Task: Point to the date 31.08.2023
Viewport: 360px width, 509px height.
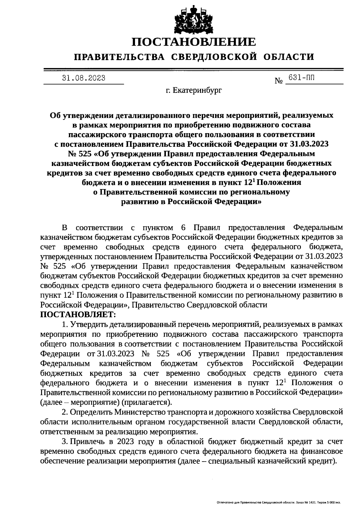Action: [x=84, y=78]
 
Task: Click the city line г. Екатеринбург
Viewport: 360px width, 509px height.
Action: [x=194, y=90]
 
